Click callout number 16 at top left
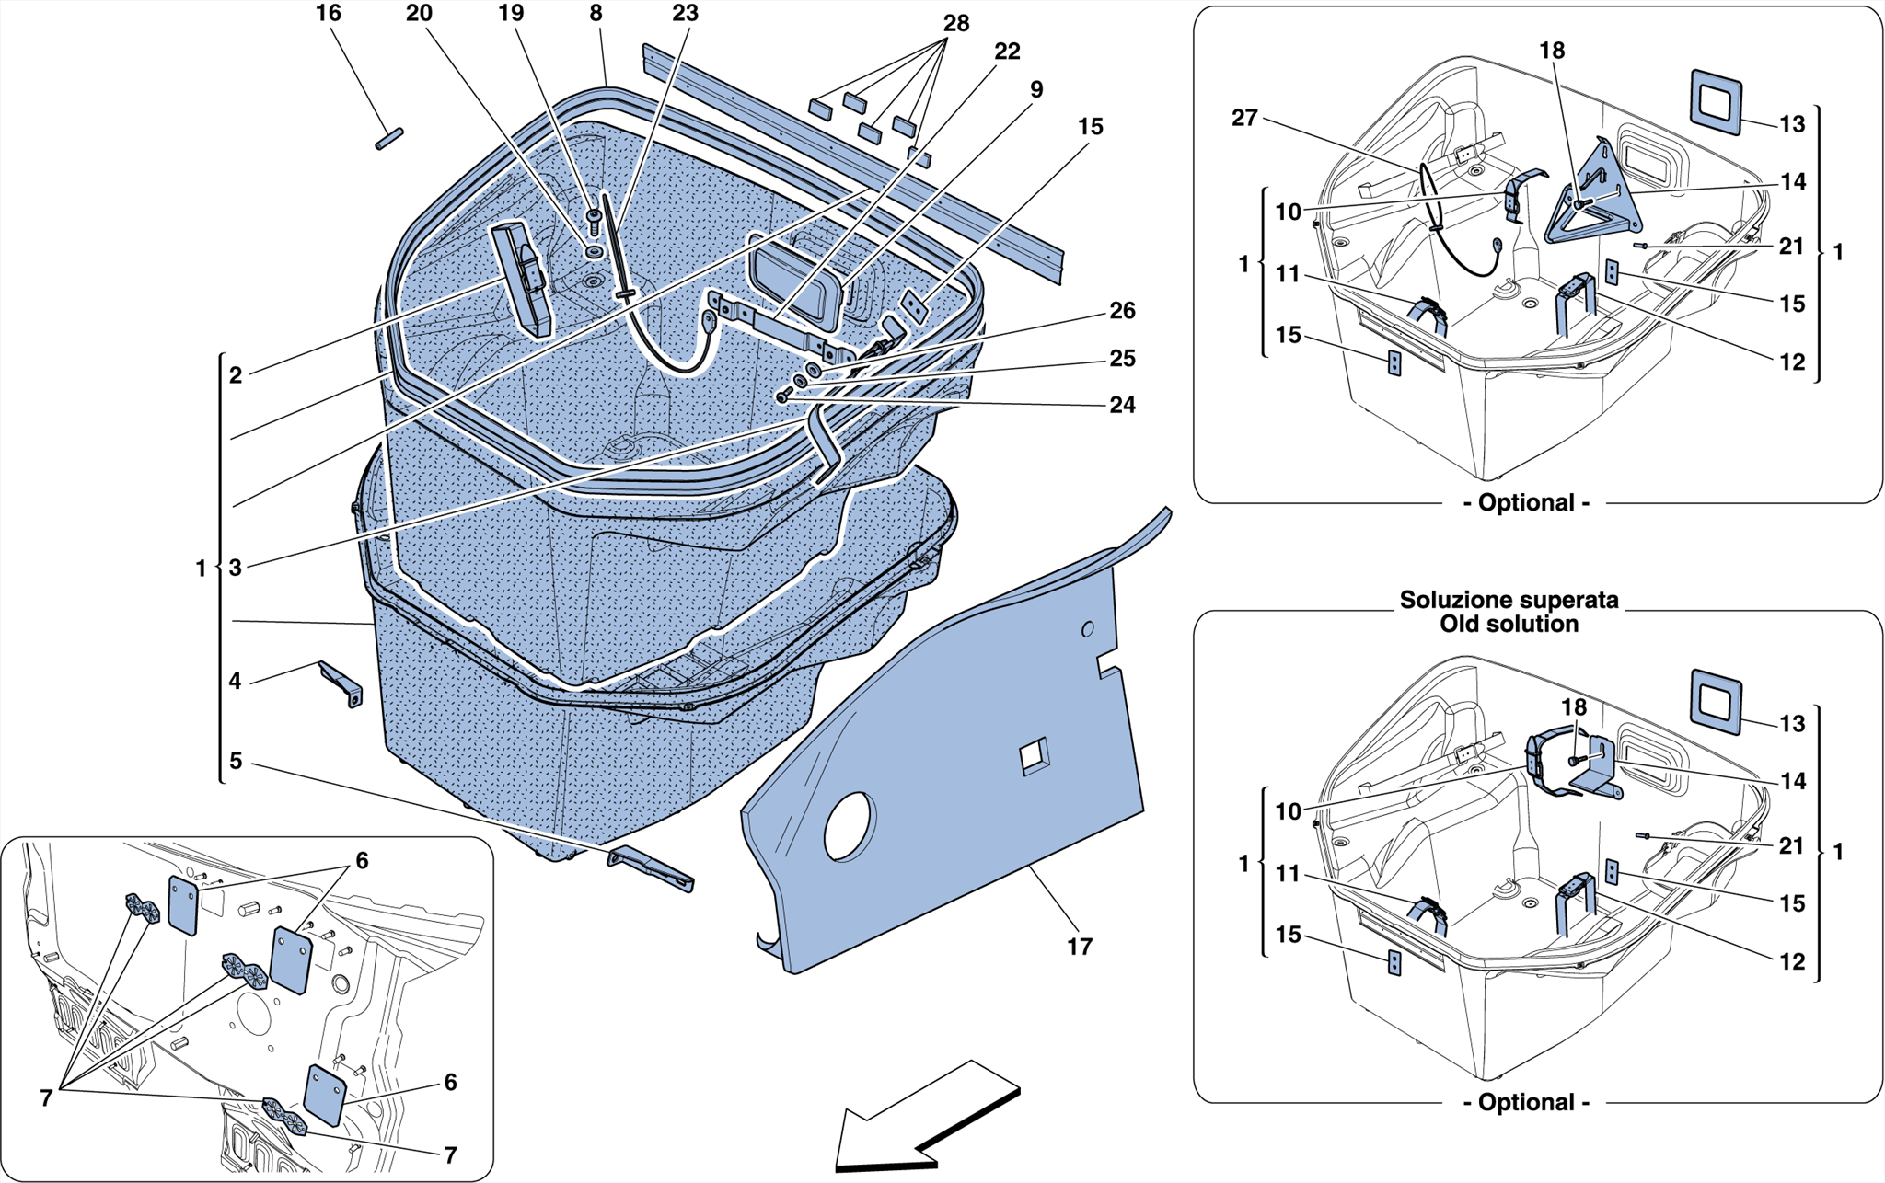(x=328, y=13)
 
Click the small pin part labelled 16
(x=389, y=139)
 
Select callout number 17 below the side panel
(x=1079, y=946)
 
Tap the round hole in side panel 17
(x=848, y=826)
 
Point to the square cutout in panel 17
(x=1034, y=756)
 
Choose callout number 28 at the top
(x=956, y=23)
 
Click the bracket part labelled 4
(x=341, y=683)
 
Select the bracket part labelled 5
(x=651, y=867)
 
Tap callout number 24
(x=1122, y=405)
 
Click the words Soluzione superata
(x=1509, y=600)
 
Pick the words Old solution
(x=1509, y=625)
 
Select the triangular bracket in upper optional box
(x=1594, y=198)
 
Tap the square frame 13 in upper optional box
(x=1716, y=100)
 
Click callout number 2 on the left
(x=236, y=374)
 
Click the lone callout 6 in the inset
(x=450, y=1082)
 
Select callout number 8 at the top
(x=596, y=13)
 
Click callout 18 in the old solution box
(x=1573, y=706)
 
